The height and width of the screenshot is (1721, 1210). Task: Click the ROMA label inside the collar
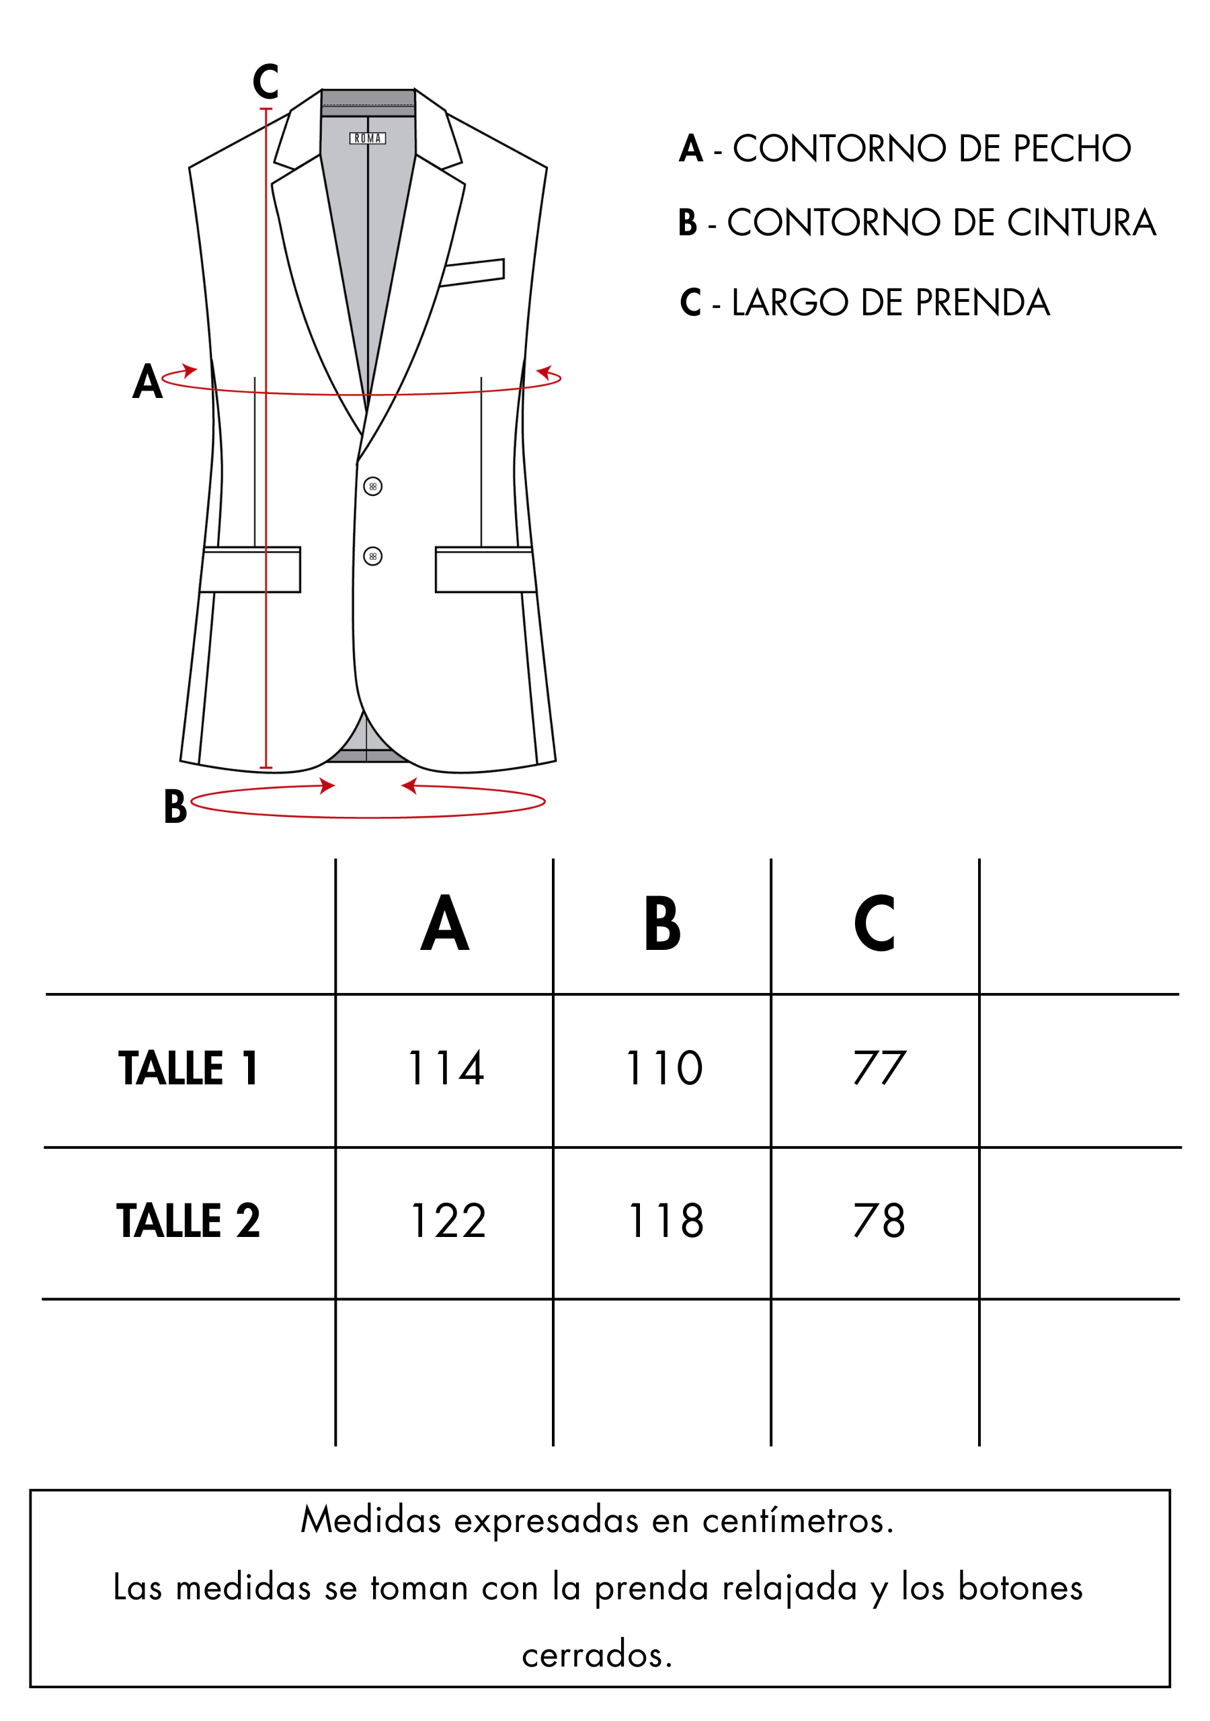367,138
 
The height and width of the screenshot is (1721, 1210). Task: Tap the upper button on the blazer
372,487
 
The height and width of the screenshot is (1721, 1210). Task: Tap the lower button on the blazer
372,556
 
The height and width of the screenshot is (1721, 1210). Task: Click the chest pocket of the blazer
473,272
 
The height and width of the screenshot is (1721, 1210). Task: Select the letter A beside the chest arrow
148,382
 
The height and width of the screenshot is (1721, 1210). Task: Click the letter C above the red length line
266,82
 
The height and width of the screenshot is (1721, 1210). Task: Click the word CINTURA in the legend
1081,223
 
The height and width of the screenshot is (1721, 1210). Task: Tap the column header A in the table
444,923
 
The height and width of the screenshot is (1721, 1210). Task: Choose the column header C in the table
874,923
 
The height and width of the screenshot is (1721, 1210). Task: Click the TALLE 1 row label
188,1068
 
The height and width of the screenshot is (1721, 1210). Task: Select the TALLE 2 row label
188,1220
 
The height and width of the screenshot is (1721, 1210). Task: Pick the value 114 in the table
447,1068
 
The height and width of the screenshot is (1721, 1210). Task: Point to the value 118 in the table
665,1220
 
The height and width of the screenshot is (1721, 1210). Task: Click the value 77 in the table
879,1068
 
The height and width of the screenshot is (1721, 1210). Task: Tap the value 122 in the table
448,1220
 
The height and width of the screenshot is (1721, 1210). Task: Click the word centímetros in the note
798,1520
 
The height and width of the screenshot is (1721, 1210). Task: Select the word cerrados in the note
597,1655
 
